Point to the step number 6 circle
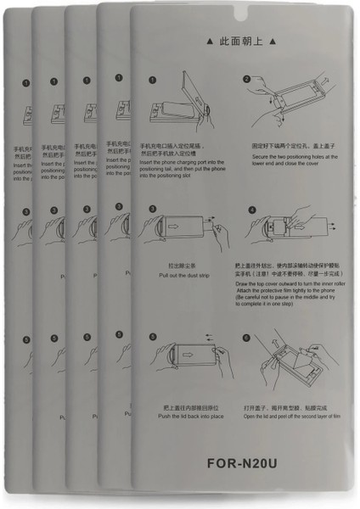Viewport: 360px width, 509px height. (x=246, y=338)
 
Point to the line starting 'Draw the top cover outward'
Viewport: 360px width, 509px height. (x=287, y=283)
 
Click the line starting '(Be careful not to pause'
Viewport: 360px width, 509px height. (x=287, y=299)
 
